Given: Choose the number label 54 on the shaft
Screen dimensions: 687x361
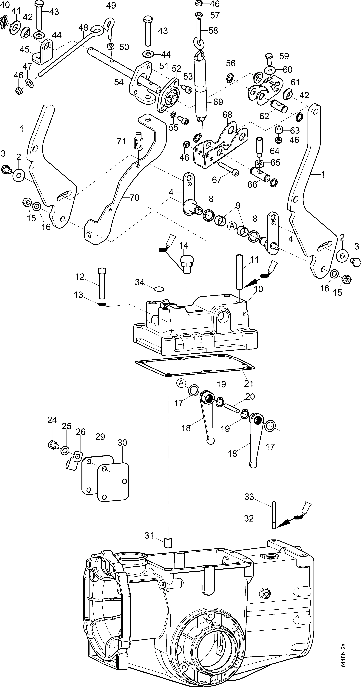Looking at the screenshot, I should [x=119, y=82].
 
